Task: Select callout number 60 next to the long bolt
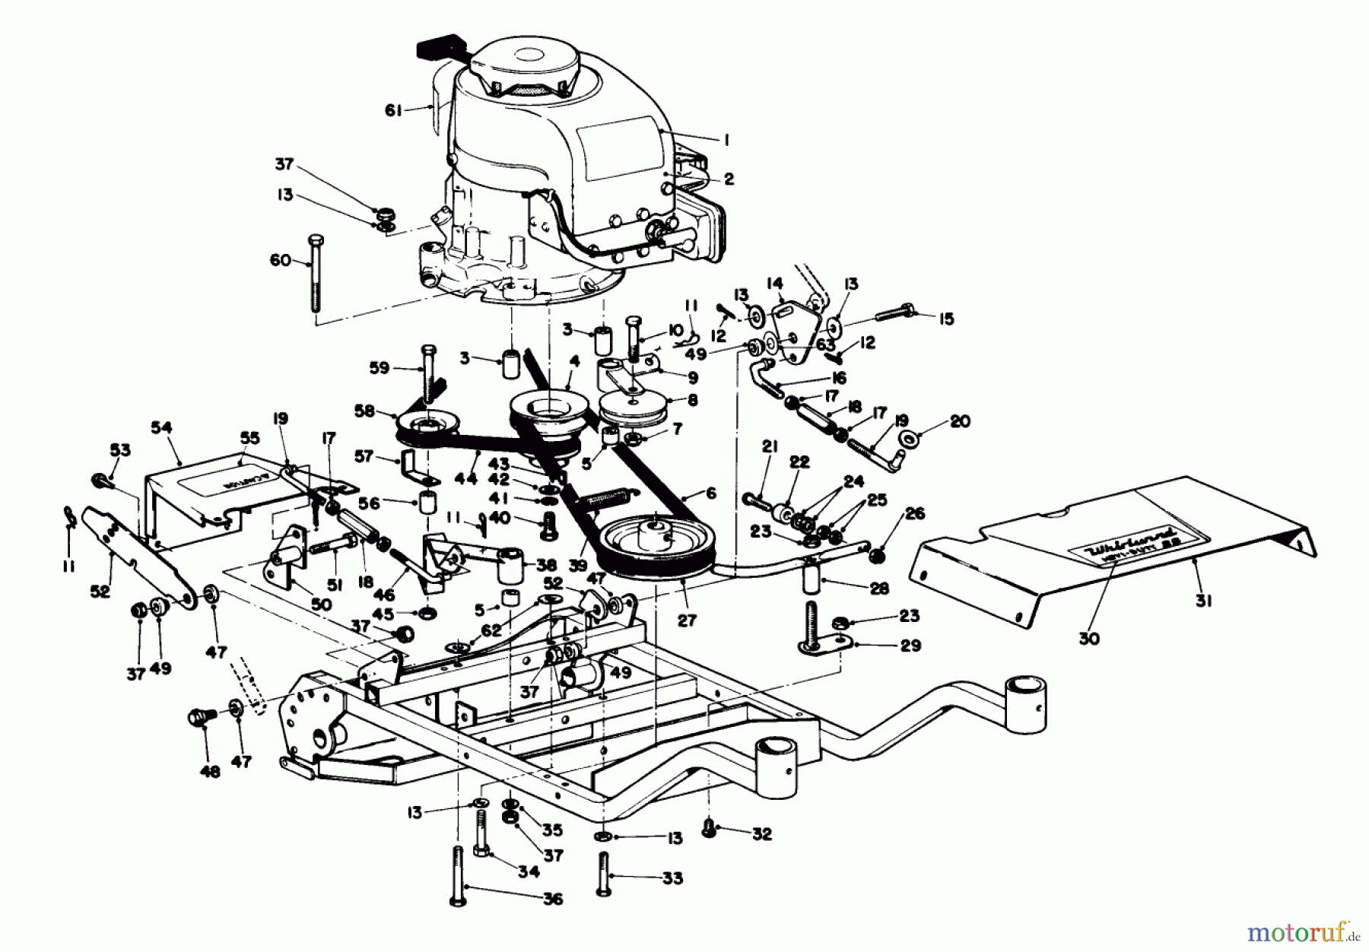point(281,261)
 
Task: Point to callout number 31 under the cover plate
point(1202,601)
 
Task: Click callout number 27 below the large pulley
point(687,620)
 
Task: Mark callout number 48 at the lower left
point(210,772)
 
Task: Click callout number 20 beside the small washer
point(960,420)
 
